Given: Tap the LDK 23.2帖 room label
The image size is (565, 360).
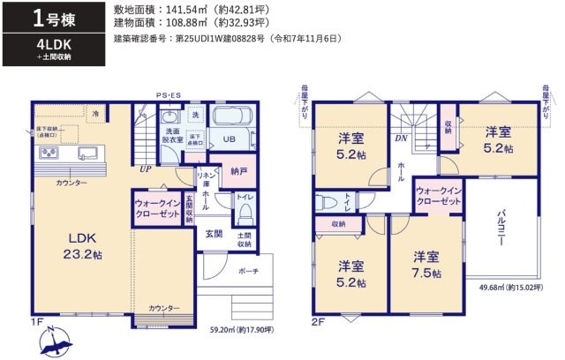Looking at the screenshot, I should point(86,245).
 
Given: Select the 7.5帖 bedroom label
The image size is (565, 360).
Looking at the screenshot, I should point(426,265).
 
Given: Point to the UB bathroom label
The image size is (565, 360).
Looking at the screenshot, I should point(229,139).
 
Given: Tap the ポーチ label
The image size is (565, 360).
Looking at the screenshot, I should point(248,272).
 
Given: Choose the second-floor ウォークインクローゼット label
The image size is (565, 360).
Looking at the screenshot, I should point(438,196).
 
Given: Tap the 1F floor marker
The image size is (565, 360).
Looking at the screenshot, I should point(37,323).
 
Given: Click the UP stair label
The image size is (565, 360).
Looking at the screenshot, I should point(143,169).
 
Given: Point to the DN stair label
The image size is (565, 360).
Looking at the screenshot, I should point(400,139).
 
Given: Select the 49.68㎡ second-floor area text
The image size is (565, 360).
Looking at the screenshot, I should point(510,288).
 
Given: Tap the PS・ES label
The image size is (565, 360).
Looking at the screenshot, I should point(168,95).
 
